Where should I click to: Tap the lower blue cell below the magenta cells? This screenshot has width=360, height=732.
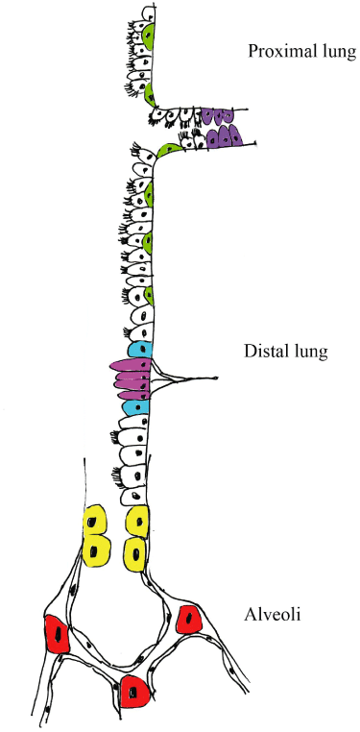[x=134, y=408]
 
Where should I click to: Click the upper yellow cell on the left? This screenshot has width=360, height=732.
[x=95, y=523]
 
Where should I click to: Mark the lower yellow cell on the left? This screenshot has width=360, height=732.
[x=96, y=552]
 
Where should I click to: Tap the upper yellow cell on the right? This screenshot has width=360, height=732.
[x=138, y=523]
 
